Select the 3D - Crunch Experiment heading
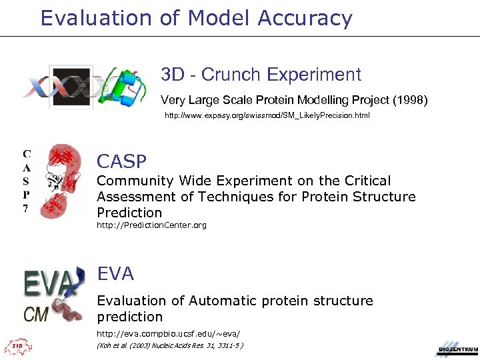[261, 75]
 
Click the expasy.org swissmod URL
[267, 116]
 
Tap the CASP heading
[121, 161]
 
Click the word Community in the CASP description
[134, 181]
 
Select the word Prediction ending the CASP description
[129, 213]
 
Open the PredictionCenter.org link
[151, 225]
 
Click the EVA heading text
[115, 273]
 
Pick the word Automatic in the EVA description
[225, 301]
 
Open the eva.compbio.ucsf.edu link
[168, 333]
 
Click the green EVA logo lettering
[48, 283]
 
